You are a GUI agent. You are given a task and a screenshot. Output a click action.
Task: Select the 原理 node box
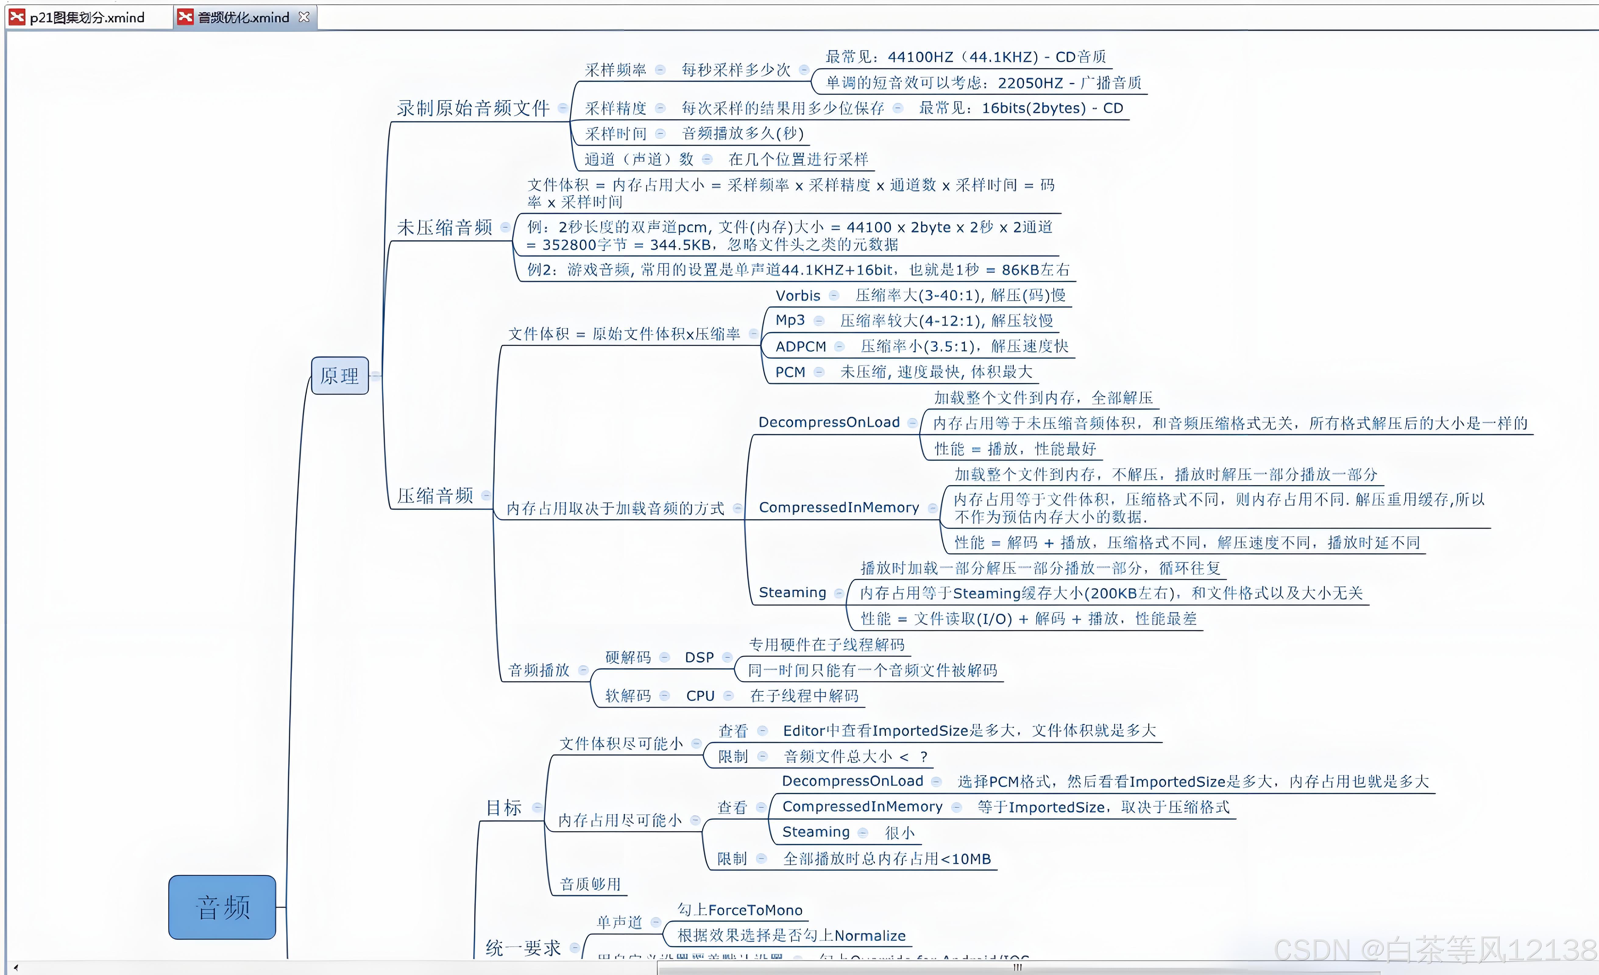point(339,375)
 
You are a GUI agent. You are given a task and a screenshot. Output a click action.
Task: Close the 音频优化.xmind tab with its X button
point(304,17)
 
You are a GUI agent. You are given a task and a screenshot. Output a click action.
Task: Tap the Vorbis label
point(798,295)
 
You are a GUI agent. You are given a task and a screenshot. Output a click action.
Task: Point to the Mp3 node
point(790,320)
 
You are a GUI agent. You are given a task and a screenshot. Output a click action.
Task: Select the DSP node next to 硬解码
point(699,657)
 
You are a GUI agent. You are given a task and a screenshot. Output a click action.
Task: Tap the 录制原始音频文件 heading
point(473,108)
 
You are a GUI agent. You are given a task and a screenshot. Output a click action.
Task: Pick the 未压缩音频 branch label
point(445,227)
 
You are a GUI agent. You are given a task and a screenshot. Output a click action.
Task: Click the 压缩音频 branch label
point(435,495)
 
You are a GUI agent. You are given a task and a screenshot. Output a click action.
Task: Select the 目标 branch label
point(504,807)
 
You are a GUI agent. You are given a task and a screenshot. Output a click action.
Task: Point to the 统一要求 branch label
point(523,948)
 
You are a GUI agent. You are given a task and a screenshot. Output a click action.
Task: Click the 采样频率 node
point(615,69)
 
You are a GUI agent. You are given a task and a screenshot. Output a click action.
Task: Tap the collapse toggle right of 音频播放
point(583,670)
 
